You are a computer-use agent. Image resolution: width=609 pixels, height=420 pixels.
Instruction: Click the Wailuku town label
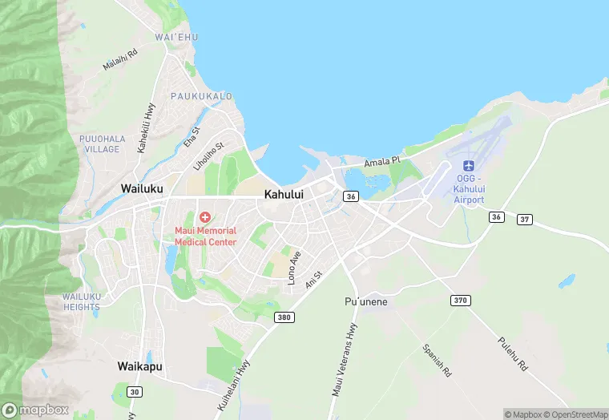142,188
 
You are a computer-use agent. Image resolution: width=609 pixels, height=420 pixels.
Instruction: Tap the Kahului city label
283,194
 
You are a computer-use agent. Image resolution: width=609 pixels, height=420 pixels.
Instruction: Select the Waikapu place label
140,366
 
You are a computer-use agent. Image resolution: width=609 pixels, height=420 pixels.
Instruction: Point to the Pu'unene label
366,301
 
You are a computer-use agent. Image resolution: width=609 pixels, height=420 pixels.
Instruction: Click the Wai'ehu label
176,37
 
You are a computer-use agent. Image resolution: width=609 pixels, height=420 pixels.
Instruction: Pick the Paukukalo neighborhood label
201,96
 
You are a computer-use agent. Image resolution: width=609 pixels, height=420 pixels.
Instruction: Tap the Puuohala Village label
101,143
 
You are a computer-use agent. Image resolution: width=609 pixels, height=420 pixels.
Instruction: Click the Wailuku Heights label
82,301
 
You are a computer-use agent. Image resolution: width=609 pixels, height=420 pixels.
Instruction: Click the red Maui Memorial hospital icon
205,217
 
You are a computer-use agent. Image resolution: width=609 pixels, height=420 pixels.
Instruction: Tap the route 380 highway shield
284,317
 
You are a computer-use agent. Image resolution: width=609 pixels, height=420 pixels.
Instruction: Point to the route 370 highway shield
459,300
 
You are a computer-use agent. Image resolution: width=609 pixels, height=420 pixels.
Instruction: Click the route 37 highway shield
525,219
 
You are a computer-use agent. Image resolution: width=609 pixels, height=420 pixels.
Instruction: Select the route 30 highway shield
133,391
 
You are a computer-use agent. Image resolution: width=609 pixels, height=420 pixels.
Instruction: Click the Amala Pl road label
382,162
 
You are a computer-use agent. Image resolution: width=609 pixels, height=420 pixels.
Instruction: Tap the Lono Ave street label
294,267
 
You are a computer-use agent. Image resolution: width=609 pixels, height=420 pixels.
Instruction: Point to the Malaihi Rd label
120,59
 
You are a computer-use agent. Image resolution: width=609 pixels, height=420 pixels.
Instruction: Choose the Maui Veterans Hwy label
343,364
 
